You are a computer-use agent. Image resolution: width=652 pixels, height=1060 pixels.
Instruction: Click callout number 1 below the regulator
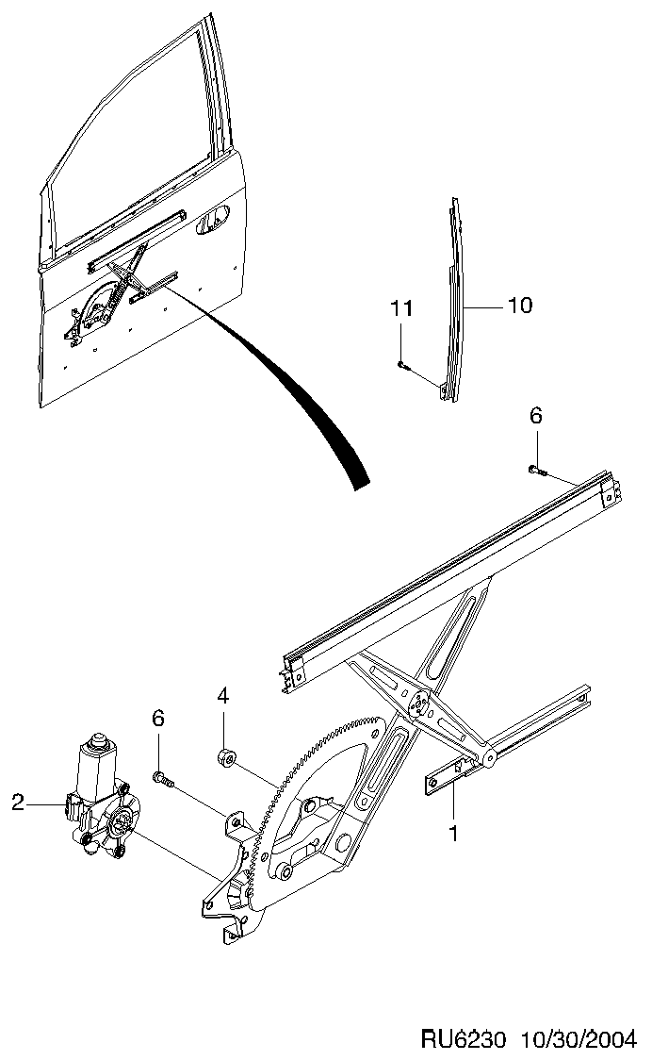pyautogui.click(x=453, y=834)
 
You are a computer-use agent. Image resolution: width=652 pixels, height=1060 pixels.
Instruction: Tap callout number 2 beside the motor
pyautogui.click(x=18, y=803)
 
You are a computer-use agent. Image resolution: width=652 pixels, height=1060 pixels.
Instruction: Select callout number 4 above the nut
pyautogui.click(x=223, y=696)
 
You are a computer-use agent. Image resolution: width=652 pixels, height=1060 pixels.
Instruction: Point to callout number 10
pyautogui.click(x=519, y=306)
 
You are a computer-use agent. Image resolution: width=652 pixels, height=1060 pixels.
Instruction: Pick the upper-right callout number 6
pyautogui.click(x=535, y=416)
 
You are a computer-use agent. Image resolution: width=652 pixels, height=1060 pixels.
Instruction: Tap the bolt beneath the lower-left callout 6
pyautogui.click(x=164, y=781)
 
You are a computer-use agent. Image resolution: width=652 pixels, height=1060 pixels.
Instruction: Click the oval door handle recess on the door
pyautogui.click(x=214, y=224)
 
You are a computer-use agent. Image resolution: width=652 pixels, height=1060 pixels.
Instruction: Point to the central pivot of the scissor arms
pyautogui.click(x=420, y=704)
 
